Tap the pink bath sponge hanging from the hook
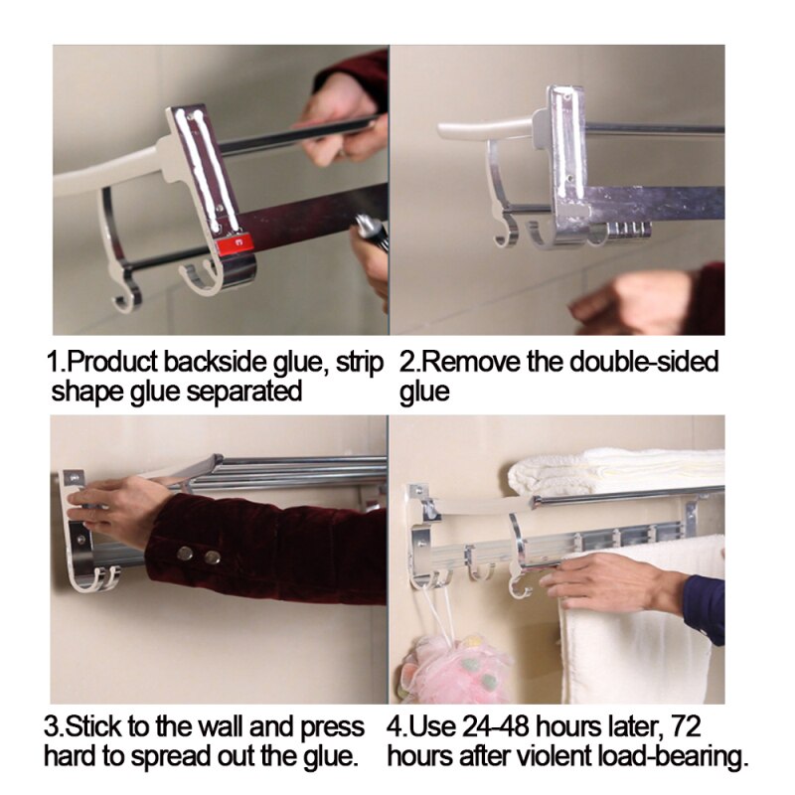[458, 667]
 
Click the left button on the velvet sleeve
[185, 555]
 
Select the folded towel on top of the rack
[616, 471]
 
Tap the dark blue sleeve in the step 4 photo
[704, 606]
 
